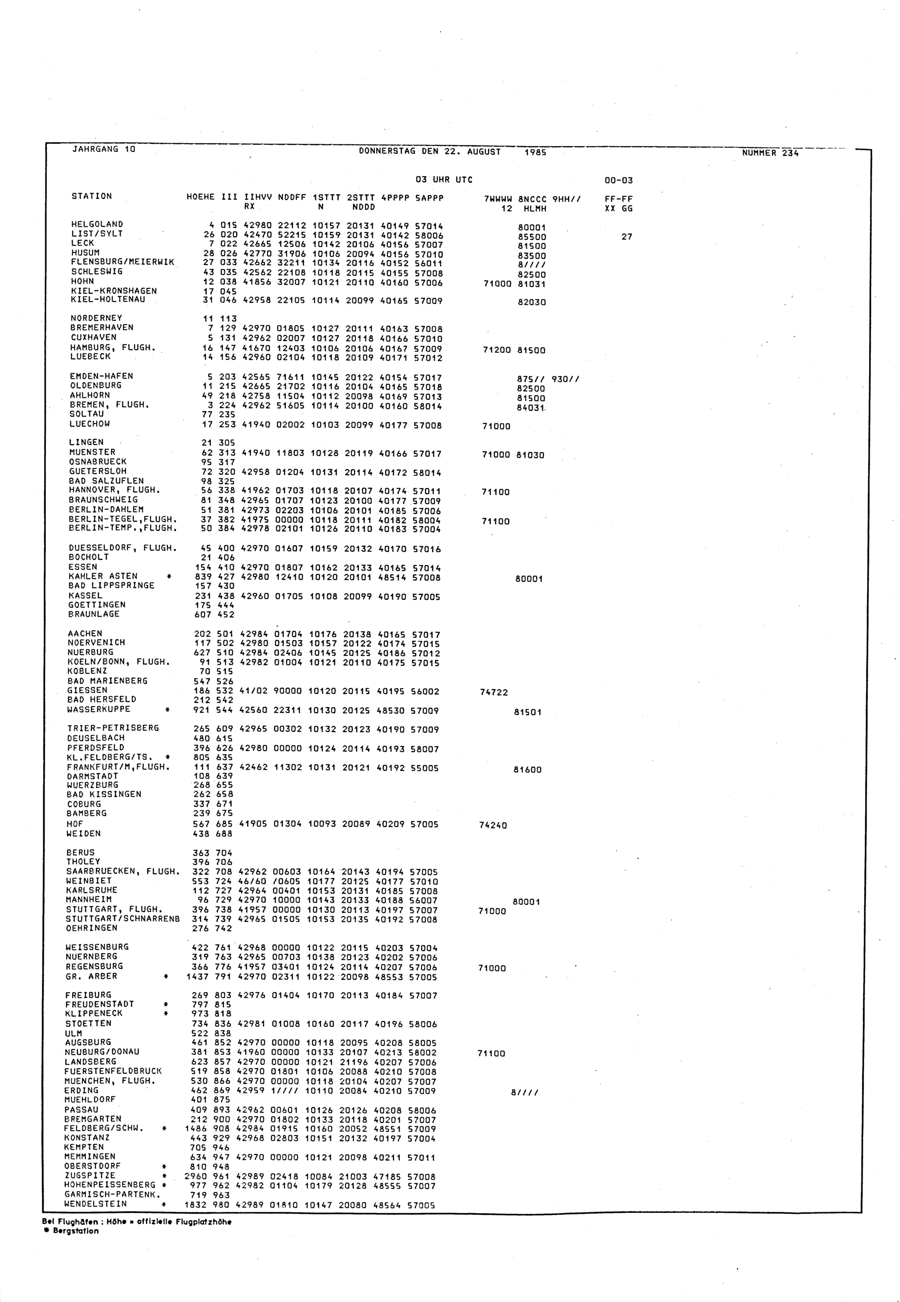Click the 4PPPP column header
tap(394, 198)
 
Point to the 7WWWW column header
tap(498, 199)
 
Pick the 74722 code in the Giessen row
tap(493, 693)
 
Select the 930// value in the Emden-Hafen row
tap(565, 379)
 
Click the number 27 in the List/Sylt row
tap(626, 237)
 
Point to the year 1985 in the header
tap(535, 152)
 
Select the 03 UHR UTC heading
tap(444, 180)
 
